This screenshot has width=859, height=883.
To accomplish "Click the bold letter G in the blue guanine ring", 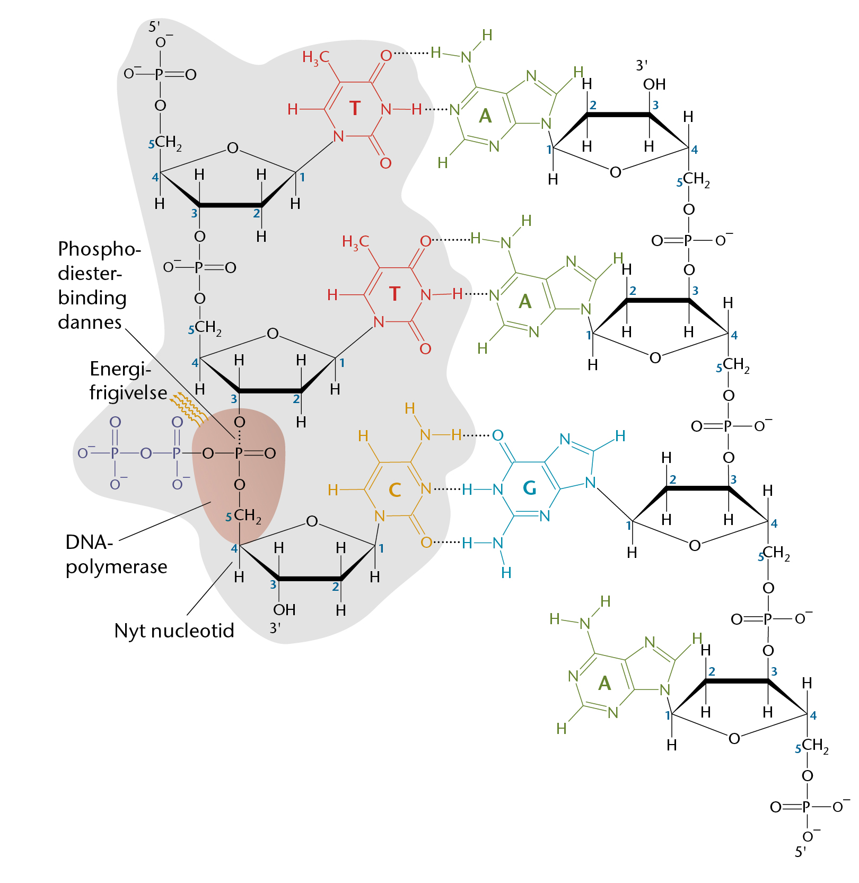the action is coord(529,488).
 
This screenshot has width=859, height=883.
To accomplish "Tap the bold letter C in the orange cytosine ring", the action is coord(395,489).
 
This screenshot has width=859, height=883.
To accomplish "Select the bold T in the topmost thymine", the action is coord(355,108).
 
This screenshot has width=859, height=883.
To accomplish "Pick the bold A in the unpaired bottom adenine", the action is coord(604,683).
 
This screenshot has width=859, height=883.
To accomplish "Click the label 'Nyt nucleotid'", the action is coord(174,631).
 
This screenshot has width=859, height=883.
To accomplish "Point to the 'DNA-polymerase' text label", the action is coord(116,555).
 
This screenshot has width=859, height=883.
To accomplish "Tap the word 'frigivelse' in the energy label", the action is coord(128,392).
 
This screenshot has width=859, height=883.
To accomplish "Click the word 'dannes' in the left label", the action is coord(90,322).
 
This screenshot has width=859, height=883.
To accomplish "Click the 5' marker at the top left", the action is coord(154,27).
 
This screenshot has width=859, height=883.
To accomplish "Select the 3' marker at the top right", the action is coord(642,65).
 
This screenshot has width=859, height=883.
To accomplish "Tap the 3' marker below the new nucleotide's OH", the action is coord(275,628).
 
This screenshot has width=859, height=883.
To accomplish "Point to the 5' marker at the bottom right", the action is coord(800,852).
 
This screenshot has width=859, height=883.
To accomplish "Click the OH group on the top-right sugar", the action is coord(654,84).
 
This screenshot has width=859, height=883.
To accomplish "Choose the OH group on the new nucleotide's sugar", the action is coord(284,610).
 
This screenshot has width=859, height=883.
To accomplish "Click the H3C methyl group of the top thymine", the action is coord(316,57).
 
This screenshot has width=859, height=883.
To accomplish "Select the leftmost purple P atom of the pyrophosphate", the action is coord(115,453).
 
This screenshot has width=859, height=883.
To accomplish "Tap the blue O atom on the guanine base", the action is coord(497,435).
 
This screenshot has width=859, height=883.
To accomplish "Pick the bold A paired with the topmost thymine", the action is coord(485,116).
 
